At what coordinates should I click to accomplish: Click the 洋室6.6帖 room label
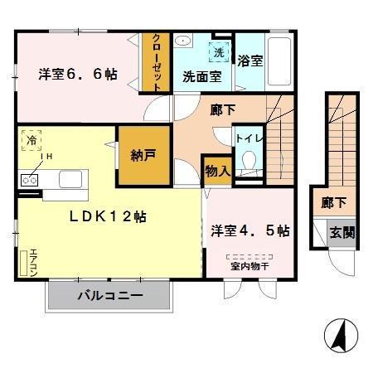(x=77, y=75)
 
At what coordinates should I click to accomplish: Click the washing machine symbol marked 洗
(x=219, y=51)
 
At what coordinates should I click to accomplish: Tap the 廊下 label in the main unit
(x=222, y=108)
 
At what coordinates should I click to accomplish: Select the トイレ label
(x=247, y=138)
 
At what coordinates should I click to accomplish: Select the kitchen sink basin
(x=70, y=178)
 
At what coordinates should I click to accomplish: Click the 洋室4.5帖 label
(x=249, y=230)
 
